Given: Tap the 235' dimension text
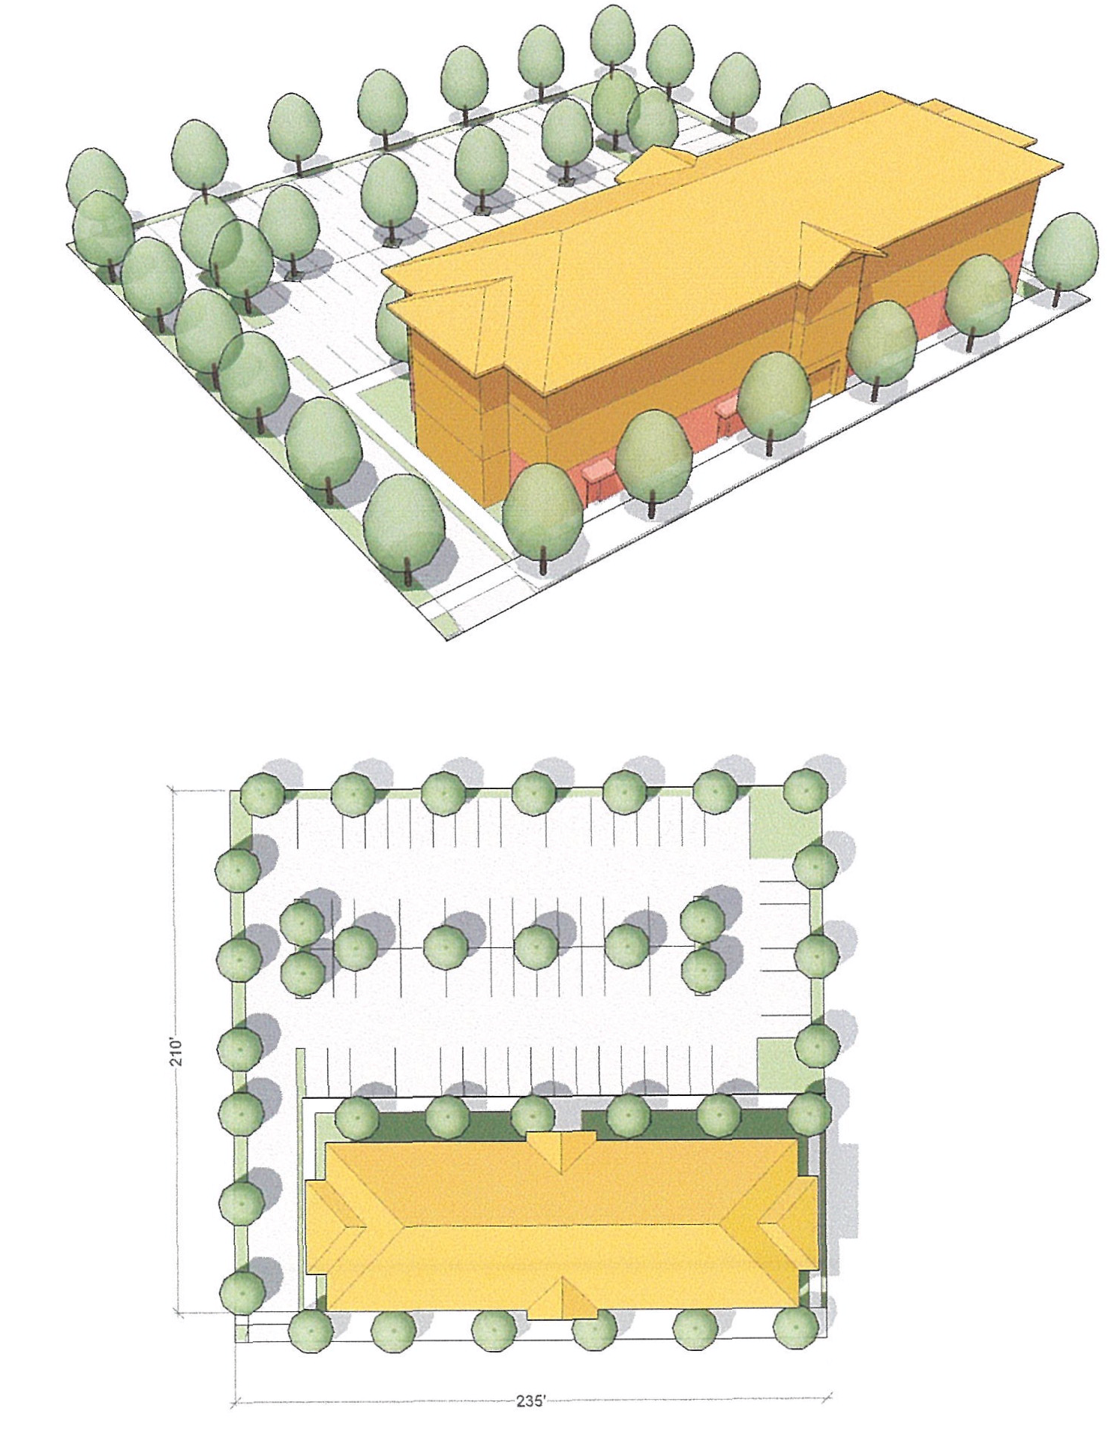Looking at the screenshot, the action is (x=531, y=1401).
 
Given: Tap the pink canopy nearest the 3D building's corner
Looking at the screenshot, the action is (x=598, y=476).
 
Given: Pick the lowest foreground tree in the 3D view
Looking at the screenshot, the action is (x=405, y=530).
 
